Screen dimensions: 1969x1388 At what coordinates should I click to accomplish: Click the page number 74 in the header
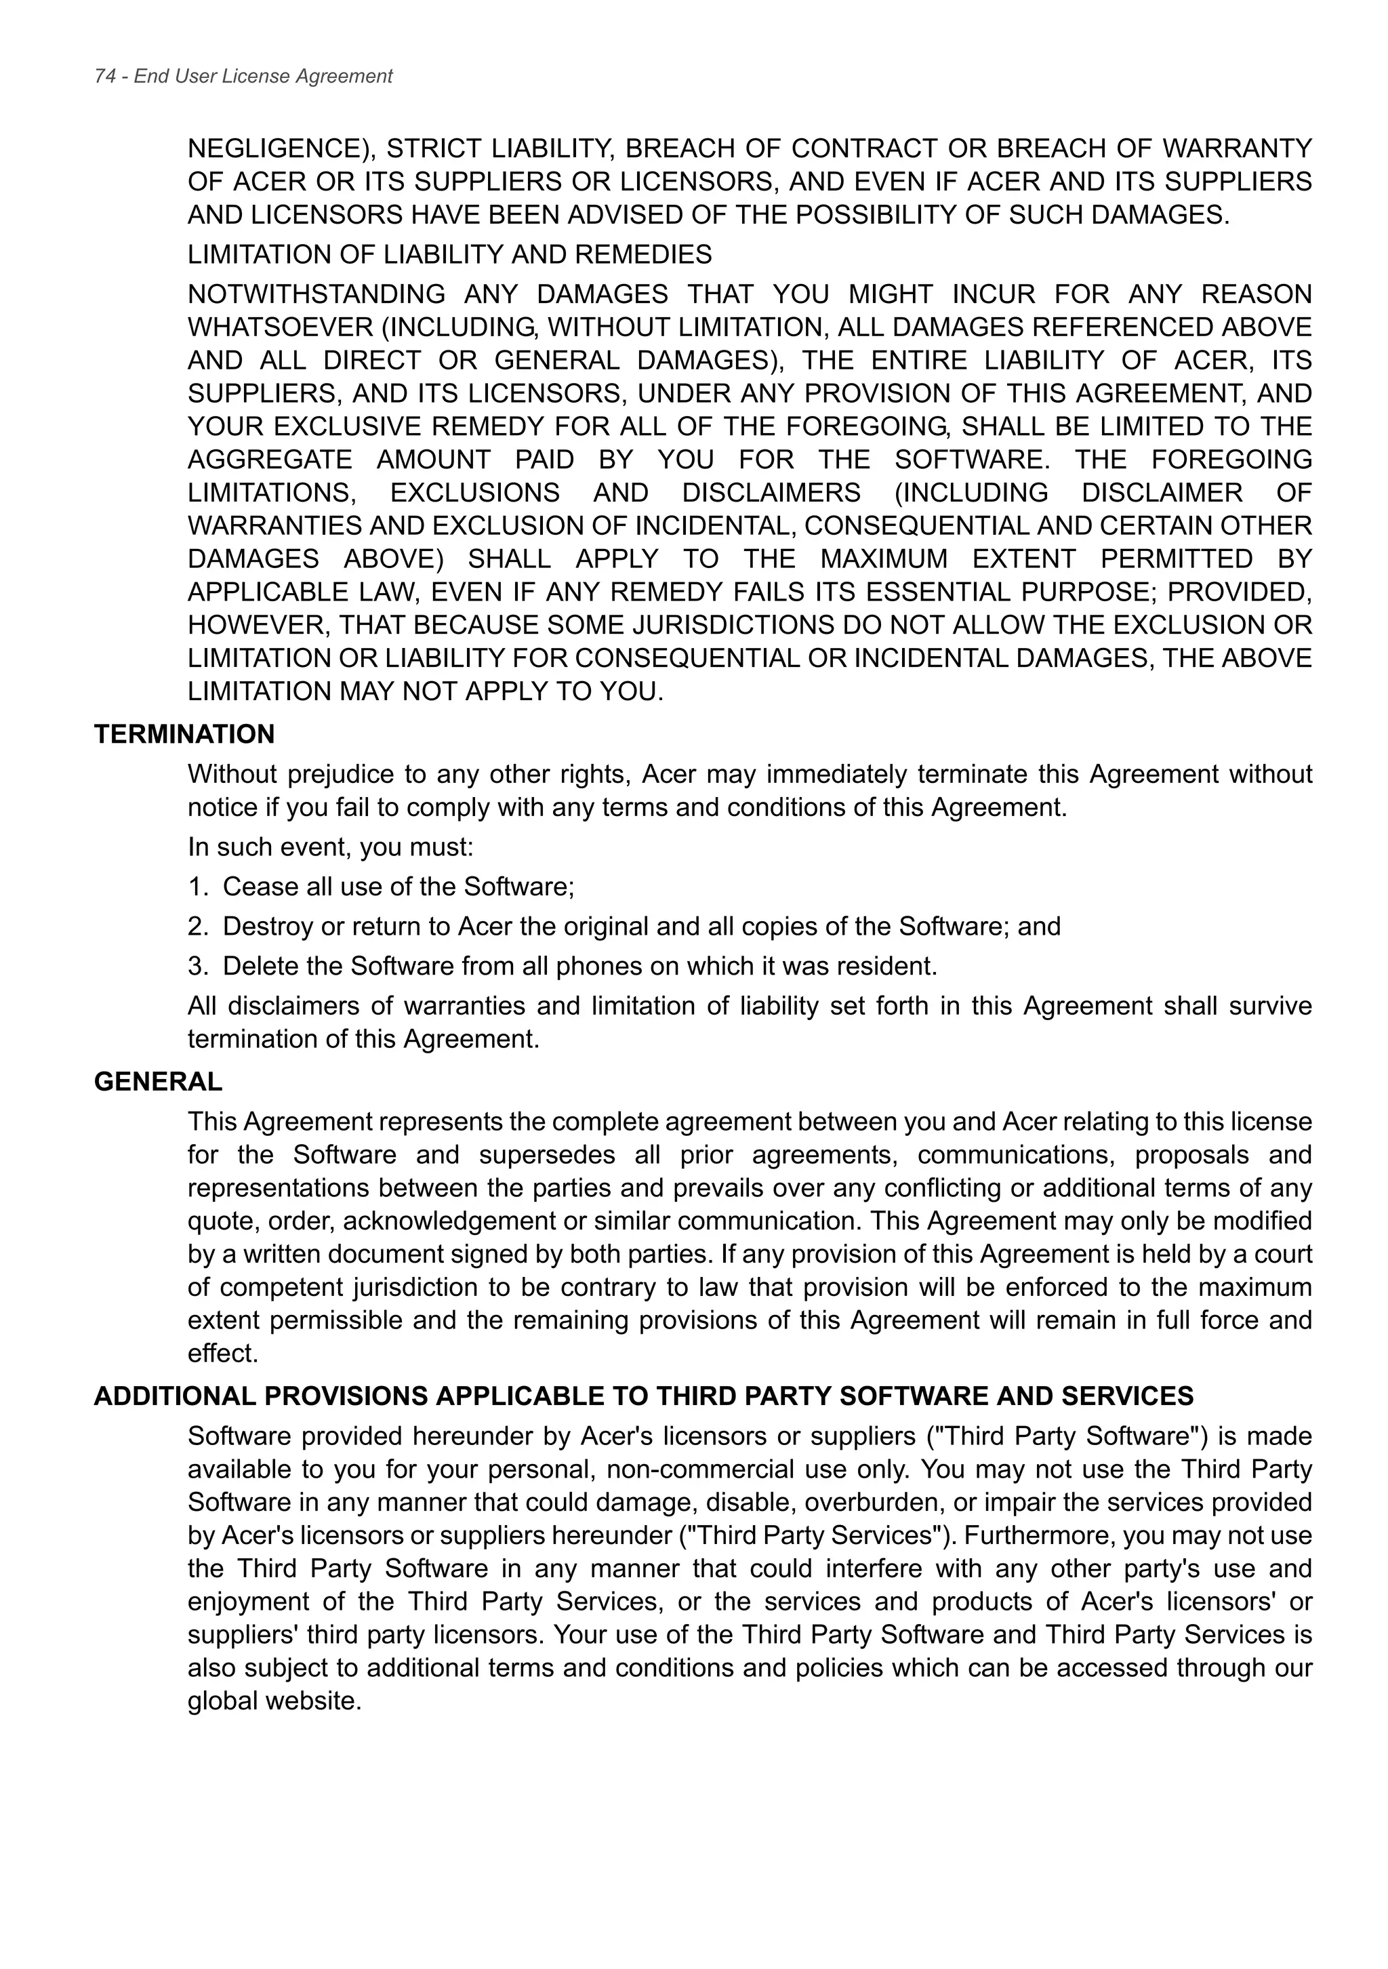pyautogui.click(x=104, y=77)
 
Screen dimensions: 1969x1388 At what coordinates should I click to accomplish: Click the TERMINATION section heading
pyautogui.click(x=184, y=734)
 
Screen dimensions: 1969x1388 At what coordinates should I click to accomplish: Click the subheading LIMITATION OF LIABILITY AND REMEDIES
pyautogui.click(x=449, y=255)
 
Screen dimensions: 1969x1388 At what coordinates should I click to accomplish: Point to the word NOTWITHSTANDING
pyautogui.click(x=316, y=294)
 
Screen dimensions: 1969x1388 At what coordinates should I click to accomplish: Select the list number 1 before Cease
pyautogui.click(x=195, y=887)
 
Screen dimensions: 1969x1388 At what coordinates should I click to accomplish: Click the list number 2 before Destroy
pyautogui.click(x=195, y=926)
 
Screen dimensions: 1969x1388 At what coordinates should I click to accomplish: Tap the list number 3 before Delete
pyautogui.click(x=195, y=967)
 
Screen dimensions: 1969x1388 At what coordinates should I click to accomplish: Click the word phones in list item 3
pyautogui.click(x=598, y=967)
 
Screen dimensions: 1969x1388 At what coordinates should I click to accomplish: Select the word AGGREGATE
pyautogui.click(x=269, y=460)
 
